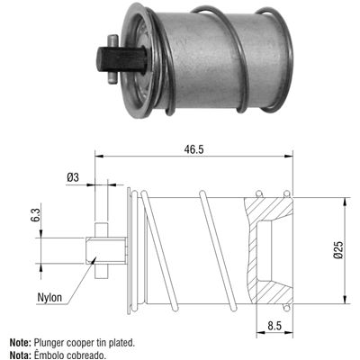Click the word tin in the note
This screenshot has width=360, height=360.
click(x=101, y=343)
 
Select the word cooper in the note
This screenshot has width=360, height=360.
click(x=80, y=343)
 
